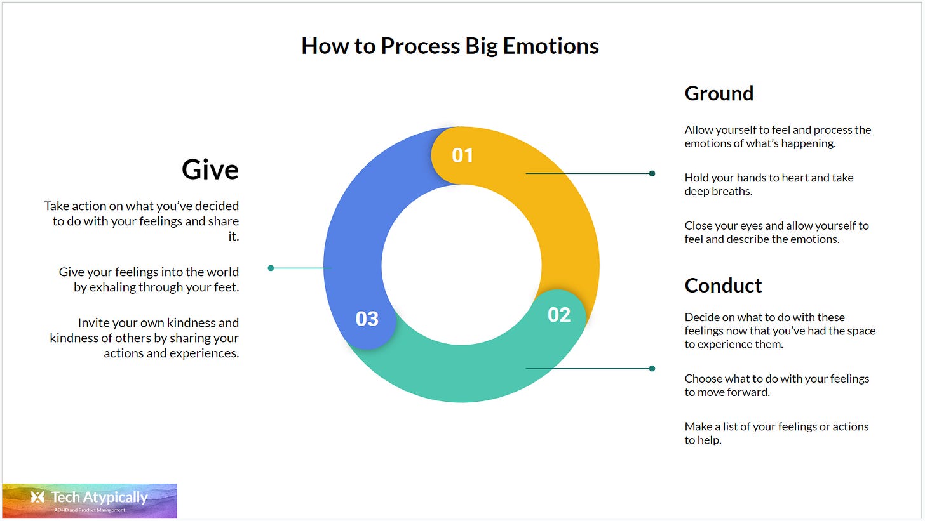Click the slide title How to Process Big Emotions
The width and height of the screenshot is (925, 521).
point(450,46)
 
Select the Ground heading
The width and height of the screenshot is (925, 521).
point(719,93)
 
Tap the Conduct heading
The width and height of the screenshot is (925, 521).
point(723,286)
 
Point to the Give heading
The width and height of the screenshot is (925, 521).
point(210,169)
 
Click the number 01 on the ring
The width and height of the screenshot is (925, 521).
point(462,155)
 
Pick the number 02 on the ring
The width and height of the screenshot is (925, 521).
point(559,315)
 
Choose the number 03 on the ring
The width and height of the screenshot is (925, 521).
point(367,319)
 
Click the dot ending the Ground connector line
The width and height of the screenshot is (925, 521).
point(652,173)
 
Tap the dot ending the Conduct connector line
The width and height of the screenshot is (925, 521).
point(652,368)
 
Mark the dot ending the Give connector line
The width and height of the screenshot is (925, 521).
point(271,268)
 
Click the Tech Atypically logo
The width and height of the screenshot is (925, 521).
point(90,501)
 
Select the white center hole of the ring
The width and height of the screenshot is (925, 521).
point(461,265)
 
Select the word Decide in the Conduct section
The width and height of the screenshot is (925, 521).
point(701,317)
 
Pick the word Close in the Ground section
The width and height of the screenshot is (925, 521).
point(698,226)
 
